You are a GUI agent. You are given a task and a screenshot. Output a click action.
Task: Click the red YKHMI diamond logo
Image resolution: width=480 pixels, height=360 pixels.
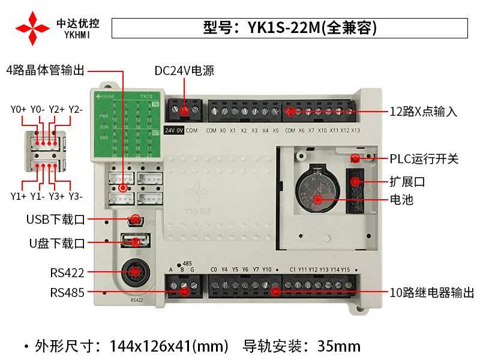pyautogui.click(x=33, y=28)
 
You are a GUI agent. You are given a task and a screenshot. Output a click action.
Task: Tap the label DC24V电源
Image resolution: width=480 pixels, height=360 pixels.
pyautogui.click(x=184, y=71)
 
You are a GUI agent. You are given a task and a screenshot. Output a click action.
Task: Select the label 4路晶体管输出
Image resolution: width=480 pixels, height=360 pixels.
pyautogui.click(x=46, y=70)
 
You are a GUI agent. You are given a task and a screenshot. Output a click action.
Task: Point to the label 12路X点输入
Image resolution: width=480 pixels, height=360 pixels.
pyautogui.click(x=424, y=112)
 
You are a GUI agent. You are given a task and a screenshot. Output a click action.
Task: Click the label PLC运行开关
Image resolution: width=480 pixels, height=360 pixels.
pyautogui.click(x=424, y=159)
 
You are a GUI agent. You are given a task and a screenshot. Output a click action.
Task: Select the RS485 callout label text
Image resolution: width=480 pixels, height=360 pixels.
pyautogui.click(x=67, y=293)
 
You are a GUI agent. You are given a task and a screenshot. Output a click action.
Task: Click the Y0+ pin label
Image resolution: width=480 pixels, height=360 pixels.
pyautogui.click(x=19, y=109)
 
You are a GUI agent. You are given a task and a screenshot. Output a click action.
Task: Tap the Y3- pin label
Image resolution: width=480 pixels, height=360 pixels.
pyautogui.click(x=76, y=196)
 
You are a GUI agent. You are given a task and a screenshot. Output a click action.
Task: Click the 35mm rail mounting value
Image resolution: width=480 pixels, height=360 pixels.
pyautogui.click(x=339, y=346)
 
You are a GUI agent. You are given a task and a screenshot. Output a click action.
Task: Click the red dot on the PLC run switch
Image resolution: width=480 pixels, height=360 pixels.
pyautogui.click(x=355, y=158)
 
